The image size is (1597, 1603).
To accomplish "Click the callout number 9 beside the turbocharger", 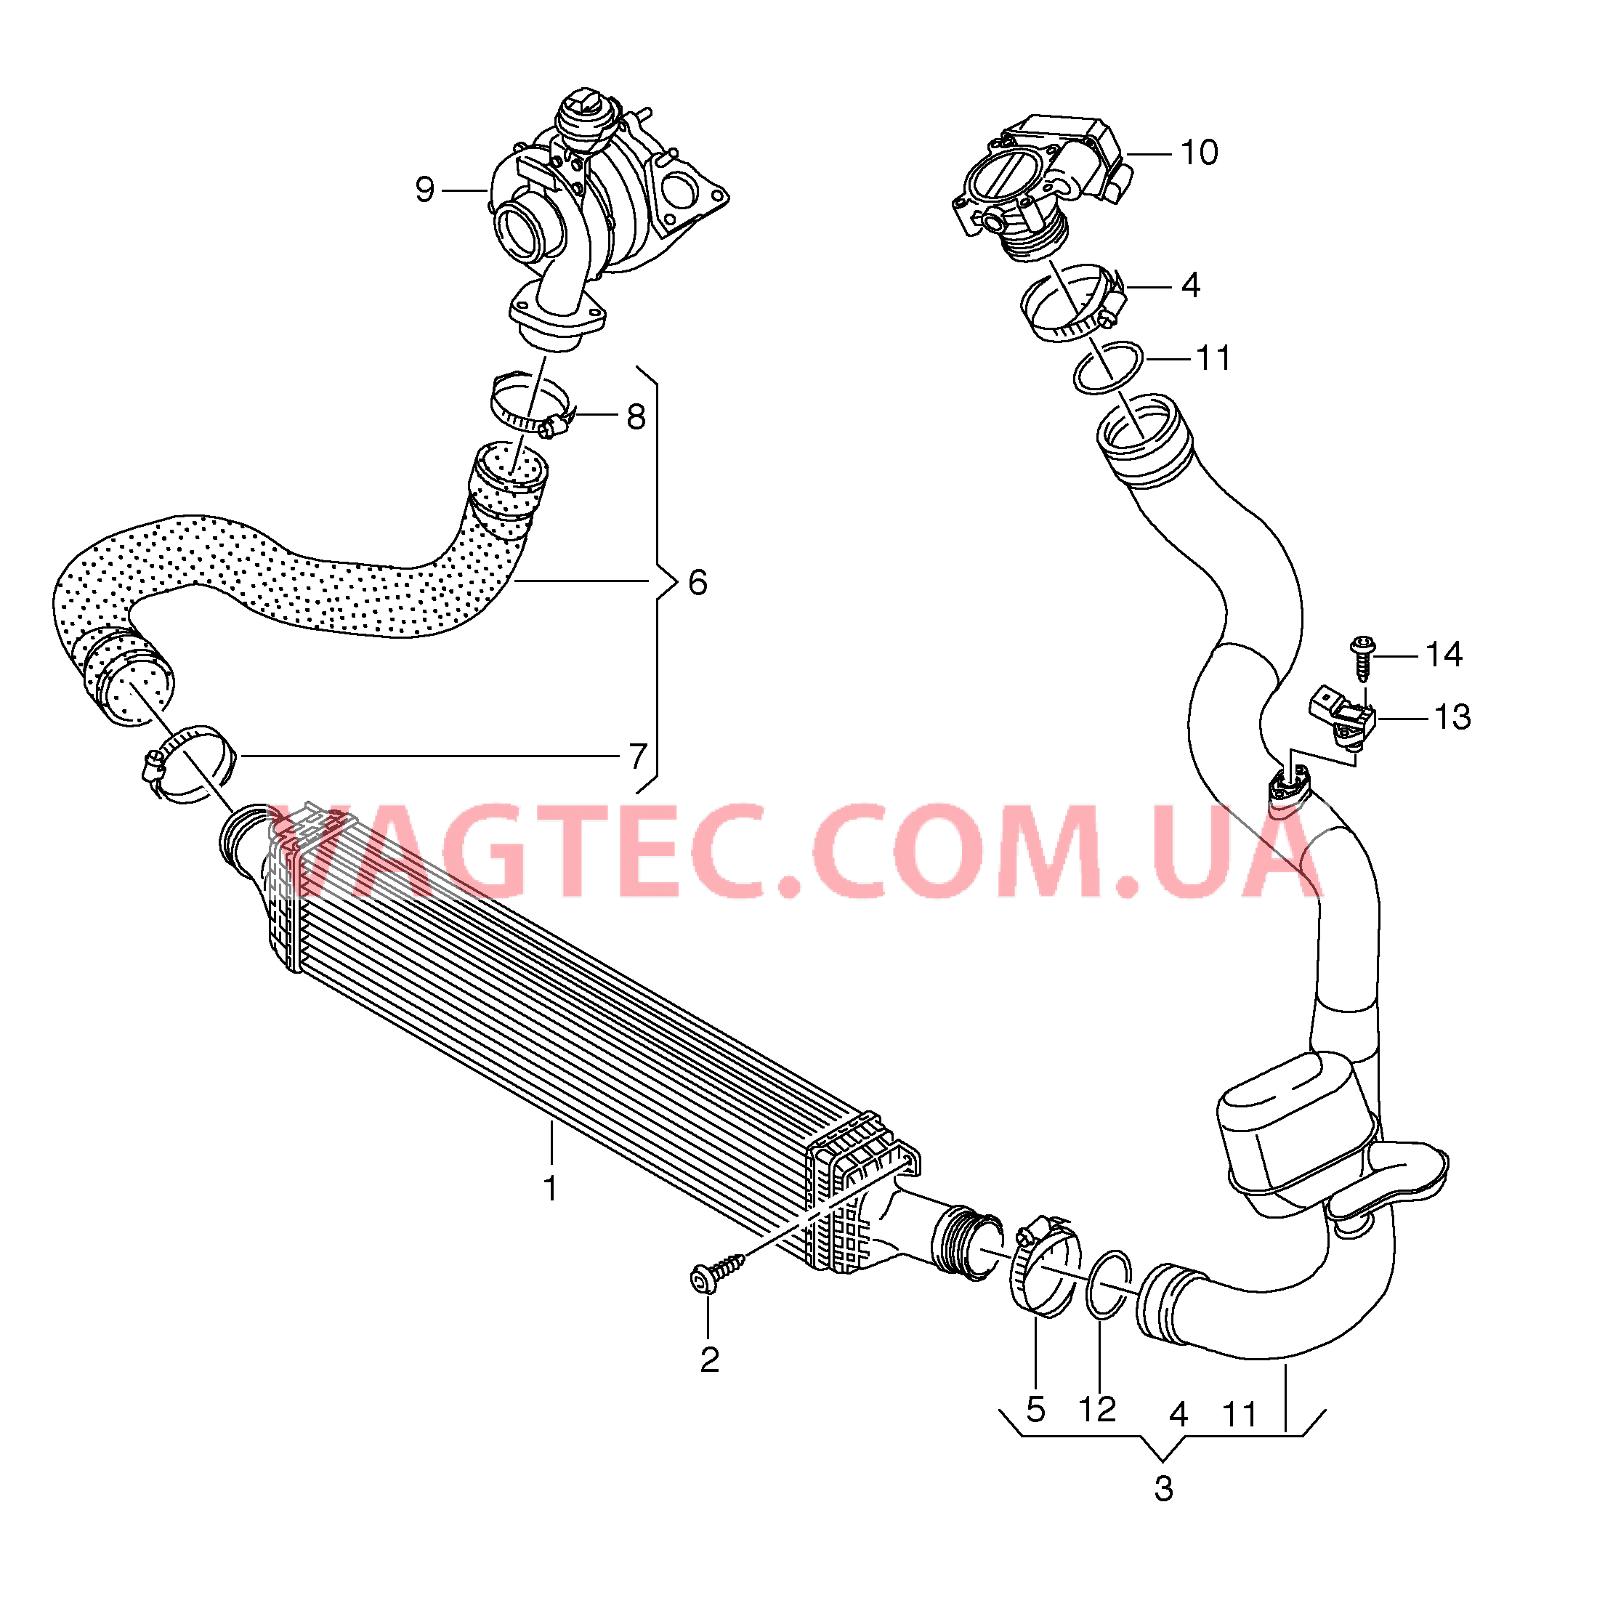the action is [x=425, y=190].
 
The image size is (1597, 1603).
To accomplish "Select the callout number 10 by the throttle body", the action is [x=1199, y=153].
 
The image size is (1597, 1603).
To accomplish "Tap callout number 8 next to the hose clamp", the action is [x=636, y=417].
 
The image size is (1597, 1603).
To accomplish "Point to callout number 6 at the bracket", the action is [x=698, y=583].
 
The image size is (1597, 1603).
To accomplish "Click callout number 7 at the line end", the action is [x=637, y=756].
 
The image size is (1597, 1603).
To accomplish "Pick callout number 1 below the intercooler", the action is [x=550, y=1189].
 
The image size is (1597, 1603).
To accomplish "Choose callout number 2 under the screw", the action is [x=709, y=1360].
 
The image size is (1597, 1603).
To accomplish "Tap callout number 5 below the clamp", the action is [x=1035, y=1409].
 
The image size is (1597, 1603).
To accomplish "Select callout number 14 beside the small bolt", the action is [x=1444, y=655].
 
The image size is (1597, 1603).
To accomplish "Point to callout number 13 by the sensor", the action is [x=1452, y=718].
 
